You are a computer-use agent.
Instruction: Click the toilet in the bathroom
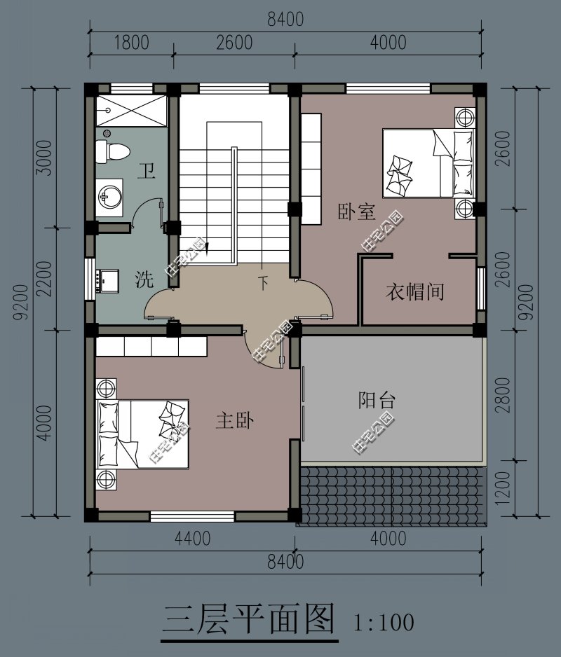(112, 152)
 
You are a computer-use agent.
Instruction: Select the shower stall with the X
(131, 111)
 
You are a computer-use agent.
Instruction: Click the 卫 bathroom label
(147, 172)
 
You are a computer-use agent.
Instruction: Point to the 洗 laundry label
(144, 279)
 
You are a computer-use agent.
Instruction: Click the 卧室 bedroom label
(357, 212)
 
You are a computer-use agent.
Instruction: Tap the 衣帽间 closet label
(414, 291)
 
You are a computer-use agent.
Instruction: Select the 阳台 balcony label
(377, 400)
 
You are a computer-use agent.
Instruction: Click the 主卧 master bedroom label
(234, 420)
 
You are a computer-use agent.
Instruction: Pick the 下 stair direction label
(263, 283)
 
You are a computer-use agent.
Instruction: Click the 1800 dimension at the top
(132, 43)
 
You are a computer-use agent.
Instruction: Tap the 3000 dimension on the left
(43, 158)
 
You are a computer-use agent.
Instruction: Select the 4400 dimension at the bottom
(193, 539)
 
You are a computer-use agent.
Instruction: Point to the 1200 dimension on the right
(503, 489)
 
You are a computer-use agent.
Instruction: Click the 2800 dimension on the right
(503, 395)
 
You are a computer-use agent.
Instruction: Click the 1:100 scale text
(384, 623)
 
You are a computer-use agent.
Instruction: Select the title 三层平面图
(248, 619)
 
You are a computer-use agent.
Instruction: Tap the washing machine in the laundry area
(107, 281)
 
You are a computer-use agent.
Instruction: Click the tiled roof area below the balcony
(393, 495)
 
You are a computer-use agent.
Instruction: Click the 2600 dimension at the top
(234, 43)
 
